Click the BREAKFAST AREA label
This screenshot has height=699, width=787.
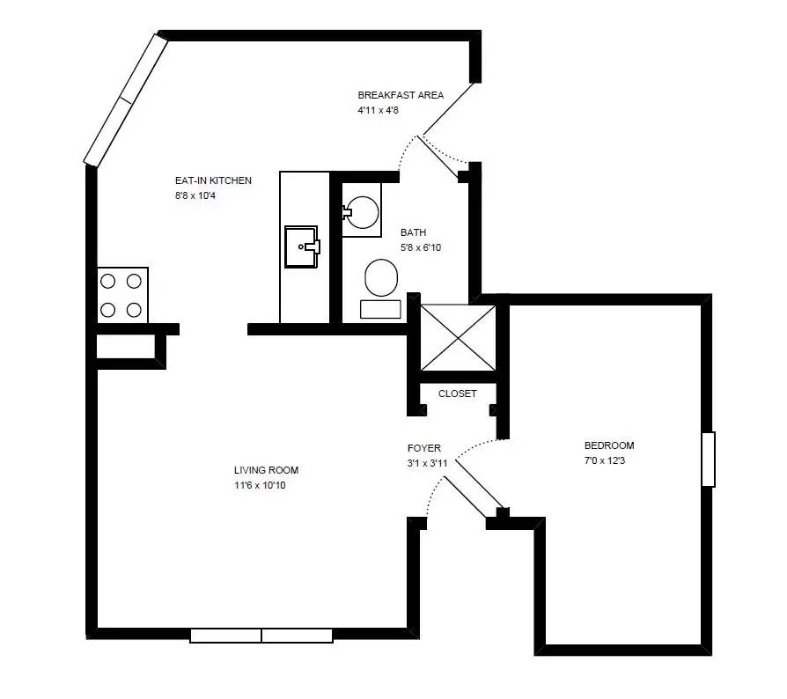tap(401, 95)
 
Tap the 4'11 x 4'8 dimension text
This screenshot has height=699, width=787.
tap(378, 110)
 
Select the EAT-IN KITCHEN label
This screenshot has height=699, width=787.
tap(213, 180)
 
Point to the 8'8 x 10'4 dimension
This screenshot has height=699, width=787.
tap(195, 195)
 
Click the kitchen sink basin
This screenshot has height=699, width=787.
tap(302, 246)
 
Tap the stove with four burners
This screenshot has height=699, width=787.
tap(122, 295)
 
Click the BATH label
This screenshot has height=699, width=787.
tap(414, 232)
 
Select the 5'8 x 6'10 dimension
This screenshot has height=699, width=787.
tap(421, 247)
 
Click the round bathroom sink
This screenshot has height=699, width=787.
tap(363, 212)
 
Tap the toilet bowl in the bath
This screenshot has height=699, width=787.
tap(381, 278)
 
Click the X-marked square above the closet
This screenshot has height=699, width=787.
tap(458, 338)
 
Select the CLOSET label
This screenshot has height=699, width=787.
tap(457, 394)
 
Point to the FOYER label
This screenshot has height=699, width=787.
tap(424, 448)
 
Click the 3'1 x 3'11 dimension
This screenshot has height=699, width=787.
tap(427, 463)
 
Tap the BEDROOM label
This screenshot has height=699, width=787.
tap(609, 445)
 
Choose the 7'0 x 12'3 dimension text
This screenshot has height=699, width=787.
tap(605, 460)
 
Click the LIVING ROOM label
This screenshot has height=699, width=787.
tap(266, 470)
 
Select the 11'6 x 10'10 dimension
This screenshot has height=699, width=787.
tap(260, 485)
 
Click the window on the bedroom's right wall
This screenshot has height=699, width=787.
tap(708, 460)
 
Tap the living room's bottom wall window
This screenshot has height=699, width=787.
tap(261, 636)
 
